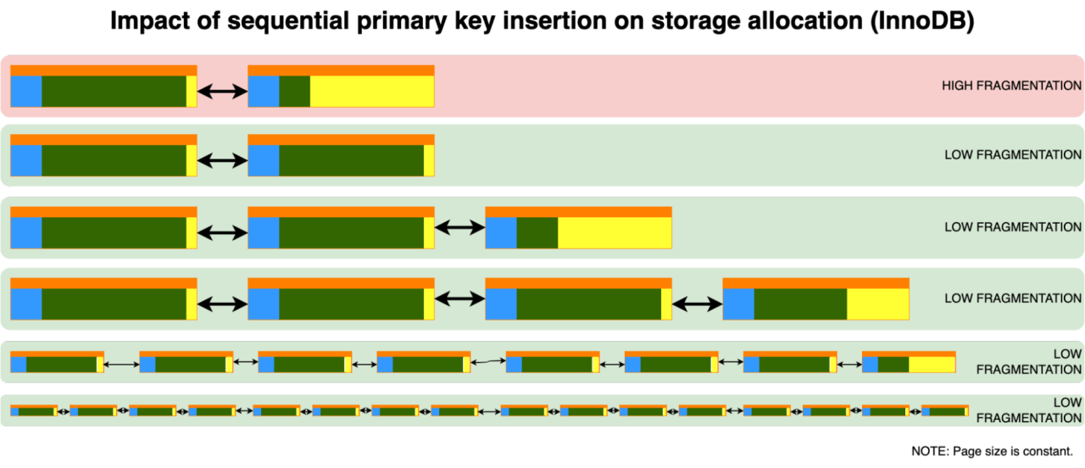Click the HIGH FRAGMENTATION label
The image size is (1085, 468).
pyautogui.click(x=1011, y=86)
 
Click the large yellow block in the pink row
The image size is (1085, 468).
pyautogui.click(x=371, y=92)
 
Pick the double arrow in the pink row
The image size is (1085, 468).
pyautogui.click(x=222, y=92)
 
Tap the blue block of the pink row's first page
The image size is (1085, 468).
pyautogui.click(x=26, y=92)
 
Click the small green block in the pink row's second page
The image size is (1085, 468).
pyautogui.click(x=294, y=92)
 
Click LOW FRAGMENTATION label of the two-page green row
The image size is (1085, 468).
pyautogui.click(x=1013, y=155)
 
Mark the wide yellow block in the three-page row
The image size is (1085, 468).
pyautogui.click(x=614, y=232)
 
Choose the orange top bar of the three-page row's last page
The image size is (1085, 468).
pyautogui.click(x=578, y=212)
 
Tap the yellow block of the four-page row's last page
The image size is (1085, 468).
pyautogui.click(x=877, y=304)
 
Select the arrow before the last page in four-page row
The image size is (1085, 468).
pyautogui.click(x=697, y=302)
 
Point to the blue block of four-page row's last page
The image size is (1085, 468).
pyautogui.click(x=738, y=304)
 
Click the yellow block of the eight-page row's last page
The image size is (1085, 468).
pyautogui.click(x=931, y=365)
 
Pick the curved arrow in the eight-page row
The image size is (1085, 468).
pyautogui.click(x=488, y=363)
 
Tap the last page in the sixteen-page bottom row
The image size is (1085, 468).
pyautogui.click(x=944, y=410)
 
